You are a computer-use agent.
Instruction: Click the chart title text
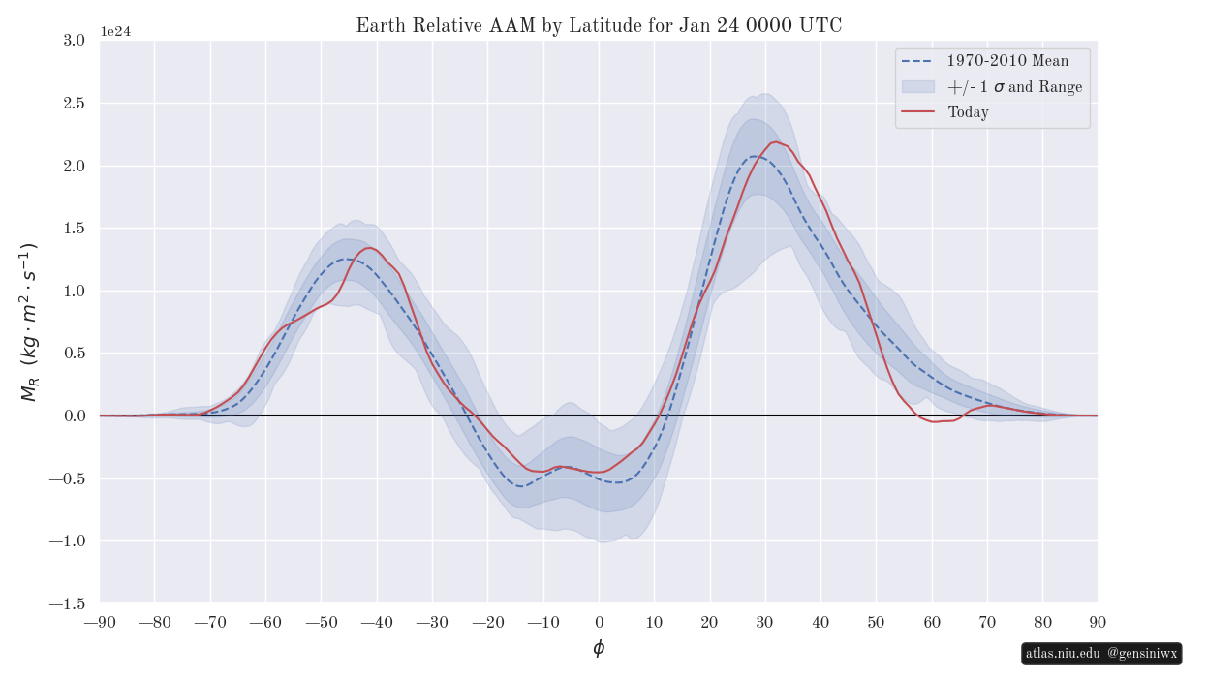(599, 26)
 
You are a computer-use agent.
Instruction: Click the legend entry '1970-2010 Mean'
(1007, 61)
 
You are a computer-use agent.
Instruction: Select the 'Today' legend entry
(968, 112)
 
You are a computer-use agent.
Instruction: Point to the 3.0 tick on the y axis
(74, 41)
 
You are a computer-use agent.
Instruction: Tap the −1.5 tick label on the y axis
(67, 603)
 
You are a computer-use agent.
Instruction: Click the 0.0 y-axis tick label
(74, 416)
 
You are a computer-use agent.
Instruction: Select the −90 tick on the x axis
(100, 622)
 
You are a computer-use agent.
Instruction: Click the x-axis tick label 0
(599, 622)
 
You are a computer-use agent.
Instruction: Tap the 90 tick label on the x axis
(1098, 622)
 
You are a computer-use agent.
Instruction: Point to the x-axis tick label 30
(765, 622)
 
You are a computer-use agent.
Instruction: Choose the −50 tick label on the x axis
(321, 622)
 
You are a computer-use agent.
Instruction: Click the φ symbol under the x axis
(599, 648)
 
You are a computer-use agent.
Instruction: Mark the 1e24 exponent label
(115, 32)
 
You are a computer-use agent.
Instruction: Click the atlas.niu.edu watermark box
(1101, 654)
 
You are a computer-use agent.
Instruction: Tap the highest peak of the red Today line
(776, 142)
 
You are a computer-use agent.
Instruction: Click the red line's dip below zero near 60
(936, 422)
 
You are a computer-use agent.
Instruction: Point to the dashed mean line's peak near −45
(346, 259)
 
